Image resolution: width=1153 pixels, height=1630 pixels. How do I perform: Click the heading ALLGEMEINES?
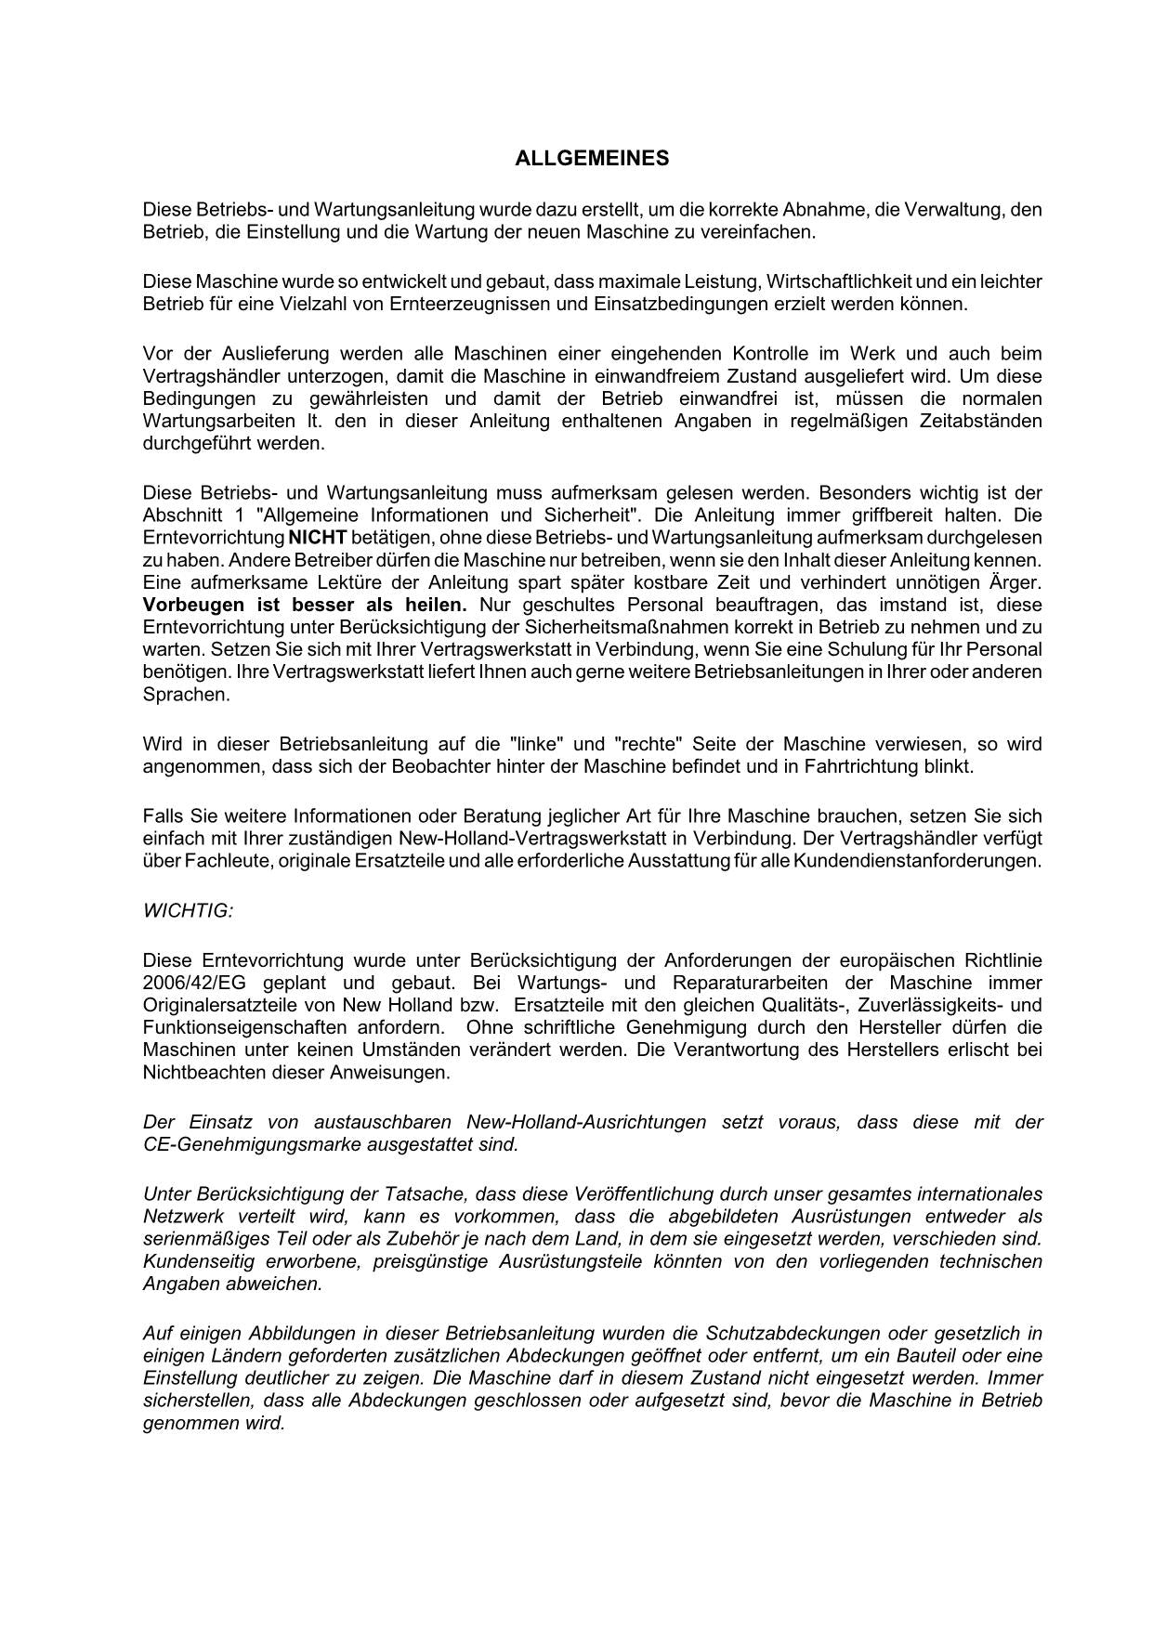coord(592,159)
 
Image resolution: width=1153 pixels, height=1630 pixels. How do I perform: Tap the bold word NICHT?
coord(318,538)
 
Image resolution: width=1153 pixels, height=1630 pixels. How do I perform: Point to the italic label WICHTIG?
coord(188,910)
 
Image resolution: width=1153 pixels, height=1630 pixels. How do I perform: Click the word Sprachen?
coord(186,695)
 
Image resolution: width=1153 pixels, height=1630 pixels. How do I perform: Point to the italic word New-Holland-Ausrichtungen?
coord(586,1122)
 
